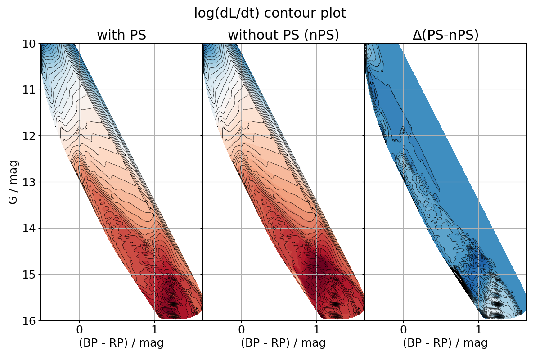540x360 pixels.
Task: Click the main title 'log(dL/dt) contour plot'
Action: point(270,13)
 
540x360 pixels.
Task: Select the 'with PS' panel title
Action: point(121,35)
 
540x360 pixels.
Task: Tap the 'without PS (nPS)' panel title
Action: point(283,35)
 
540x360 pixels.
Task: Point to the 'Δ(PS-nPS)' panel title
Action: point(445,35)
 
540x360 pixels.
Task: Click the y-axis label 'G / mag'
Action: point(13,182)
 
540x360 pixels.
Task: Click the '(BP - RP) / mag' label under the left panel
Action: point(121,343)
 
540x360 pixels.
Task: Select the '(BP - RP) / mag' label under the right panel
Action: point(445,343)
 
